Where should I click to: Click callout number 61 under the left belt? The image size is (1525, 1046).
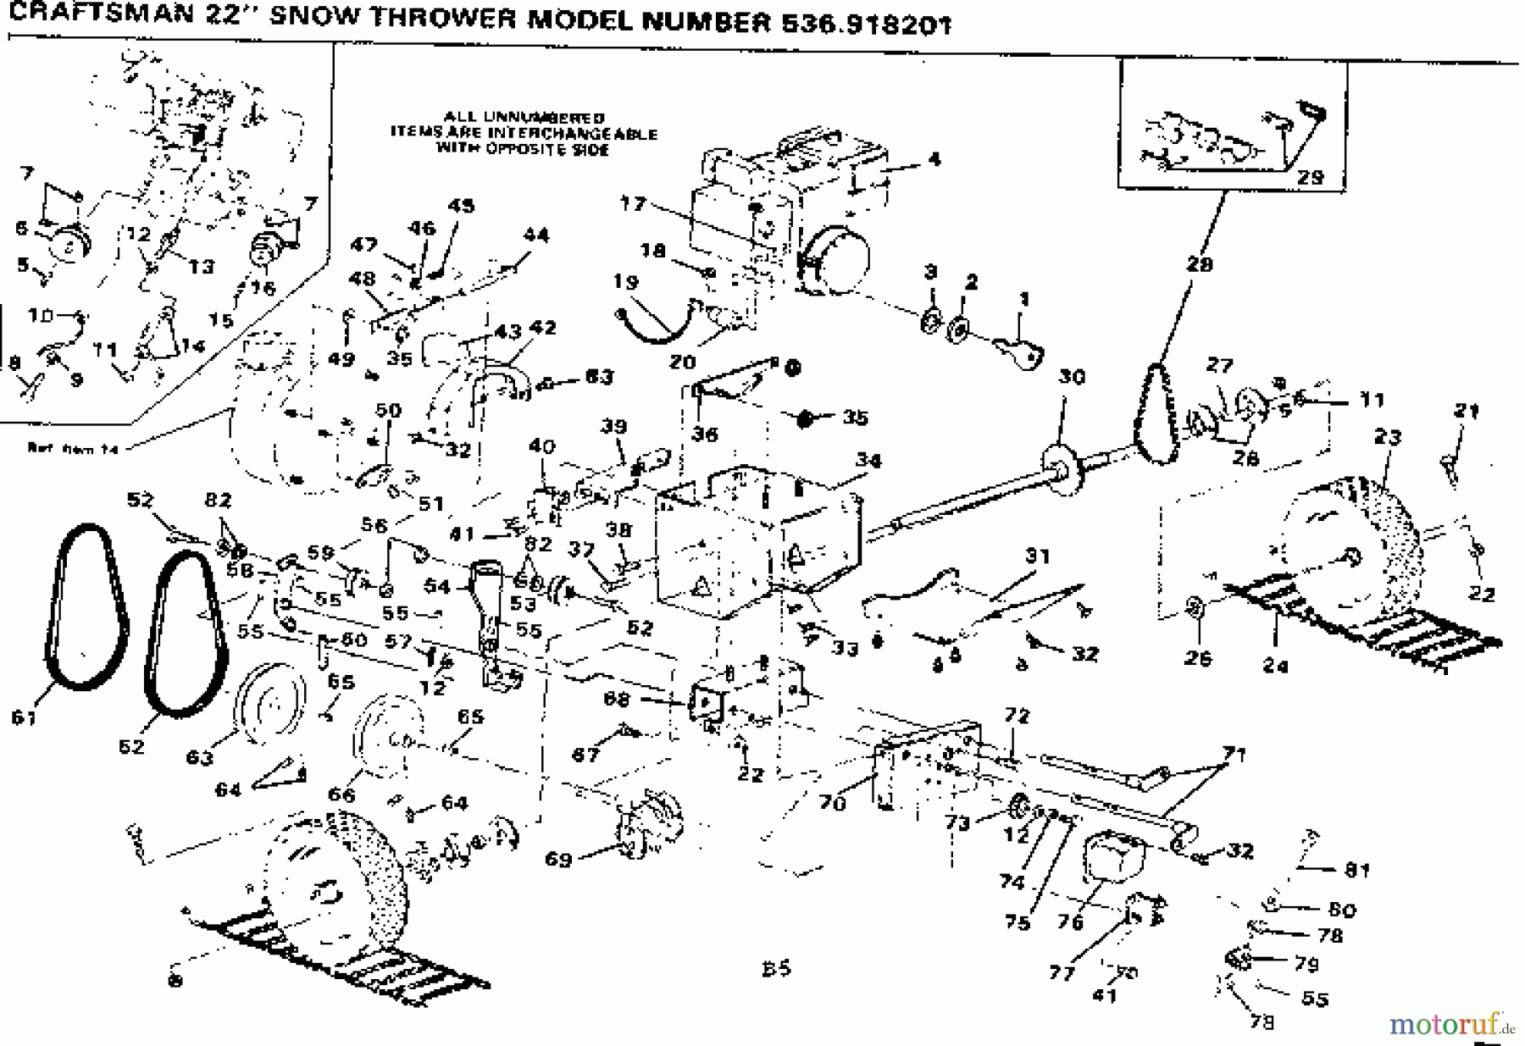click(x=25, y=717)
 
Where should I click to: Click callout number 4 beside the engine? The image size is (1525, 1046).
click(x=934, y=158)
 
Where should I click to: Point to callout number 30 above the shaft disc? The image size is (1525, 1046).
click(x=1072, y=377)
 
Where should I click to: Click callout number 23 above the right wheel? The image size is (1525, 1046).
click(x=1388, y=437)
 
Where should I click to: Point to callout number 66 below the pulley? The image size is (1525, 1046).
click(x=341, y=794)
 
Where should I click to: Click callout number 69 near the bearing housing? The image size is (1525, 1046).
click(x=558, y=859)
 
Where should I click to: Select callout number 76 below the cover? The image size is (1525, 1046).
click(x=1071, y=922)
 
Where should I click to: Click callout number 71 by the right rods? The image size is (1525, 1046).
click(x=1235, y=754)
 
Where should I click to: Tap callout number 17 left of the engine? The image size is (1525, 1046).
click(x=633, y=203)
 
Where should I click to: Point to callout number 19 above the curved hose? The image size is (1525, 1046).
click(x=625, y=282)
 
